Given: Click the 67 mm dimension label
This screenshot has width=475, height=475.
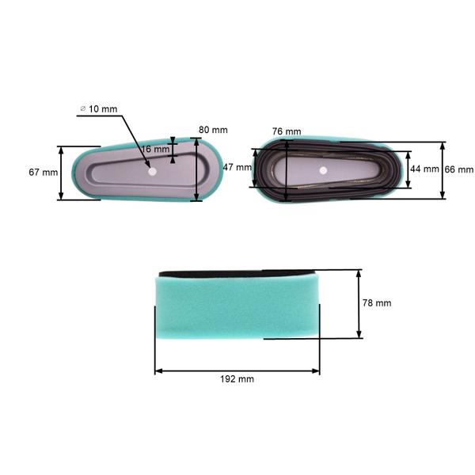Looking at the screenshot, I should click(x=44, y=173).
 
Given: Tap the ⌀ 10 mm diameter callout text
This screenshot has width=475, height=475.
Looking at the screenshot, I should click(x=100, y=108).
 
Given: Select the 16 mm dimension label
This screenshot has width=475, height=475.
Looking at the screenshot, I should click(x=156, y=149).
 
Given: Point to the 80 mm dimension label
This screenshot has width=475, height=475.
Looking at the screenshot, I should click(x=213, y=130).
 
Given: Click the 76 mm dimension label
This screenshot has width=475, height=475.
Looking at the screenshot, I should click(x=286, y=131).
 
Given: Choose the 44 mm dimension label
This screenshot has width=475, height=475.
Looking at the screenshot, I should click(x=425, y=169).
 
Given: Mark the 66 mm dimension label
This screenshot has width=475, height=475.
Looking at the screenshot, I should click(x=459, y=169).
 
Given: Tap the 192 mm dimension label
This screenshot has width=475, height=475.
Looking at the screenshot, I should click(x=237, y=379).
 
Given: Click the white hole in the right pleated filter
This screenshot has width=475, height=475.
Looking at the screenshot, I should click(x=323, y=170).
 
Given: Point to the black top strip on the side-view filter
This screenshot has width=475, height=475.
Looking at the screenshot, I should click(x=237, y=272).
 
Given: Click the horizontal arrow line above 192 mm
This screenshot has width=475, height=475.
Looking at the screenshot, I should click(x=237, y=370).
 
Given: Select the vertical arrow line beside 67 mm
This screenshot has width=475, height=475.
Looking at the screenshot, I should click(x=62, y=173).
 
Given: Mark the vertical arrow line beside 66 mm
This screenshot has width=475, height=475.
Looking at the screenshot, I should click(x=443, y=169).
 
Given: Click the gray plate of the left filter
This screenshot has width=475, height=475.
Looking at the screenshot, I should click(x=119, y=178).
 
